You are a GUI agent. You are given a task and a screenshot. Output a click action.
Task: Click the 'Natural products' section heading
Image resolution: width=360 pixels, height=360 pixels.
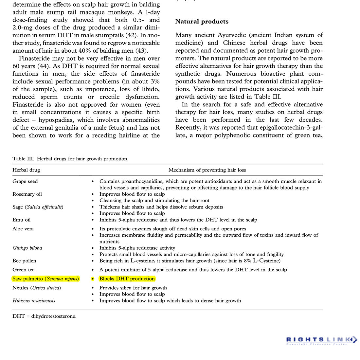click(202, 22)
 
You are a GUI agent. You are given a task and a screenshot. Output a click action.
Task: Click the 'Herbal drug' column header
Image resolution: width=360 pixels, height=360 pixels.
click(26, 170)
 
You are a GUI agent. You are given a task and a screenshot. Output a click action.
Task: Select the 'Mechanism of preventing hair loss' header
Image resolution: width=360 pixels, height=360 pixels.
click(207, 170)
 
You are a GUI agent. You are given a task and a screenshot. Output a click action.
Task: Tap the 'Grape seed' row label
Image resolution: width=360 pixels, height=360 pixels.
click(25, 181)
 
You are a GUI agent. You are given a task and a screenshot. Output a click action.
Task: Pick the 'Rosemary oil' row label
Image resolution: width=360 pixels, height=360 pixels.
click(27, 194)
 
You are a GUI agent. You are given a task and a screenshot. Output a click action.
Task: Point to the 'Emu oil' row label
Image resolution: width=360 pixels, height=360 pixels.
click(22, 220)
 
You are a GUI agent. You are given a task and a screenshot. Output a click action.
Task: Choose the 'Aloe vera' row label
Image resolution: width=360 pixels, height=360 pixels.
click(23, 229)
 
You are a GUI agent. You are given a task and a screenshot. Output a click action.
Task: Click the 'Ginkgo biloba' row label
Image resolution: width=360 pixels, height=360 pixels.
click(27, 248)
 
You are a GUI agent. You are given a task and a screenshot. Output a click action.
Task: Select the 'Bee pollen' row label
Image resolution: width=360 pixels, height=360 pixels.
click(25, 261)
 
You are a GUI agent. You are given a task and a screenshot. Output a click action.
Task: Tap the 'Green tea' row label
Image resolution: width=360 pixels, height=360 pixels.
click(24, 270)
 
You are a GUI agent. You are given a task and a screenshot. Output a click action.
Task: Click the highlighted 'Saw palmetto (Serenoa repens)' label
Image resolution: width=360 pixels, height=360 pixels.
click(46, 279)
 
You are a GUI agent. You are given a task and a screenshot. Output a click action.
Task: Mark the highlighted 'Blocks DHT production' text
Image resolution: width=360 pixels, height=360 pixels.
click(127, 279)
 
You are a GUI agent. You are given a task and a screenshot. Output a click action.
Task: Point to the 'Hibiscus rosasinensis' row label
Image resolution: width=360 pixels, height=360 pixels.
click(34, 300)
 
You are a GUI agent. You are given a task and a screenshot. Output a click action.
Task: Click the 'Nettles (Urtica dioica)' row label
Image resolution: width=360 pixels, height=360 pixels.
click(37, 288)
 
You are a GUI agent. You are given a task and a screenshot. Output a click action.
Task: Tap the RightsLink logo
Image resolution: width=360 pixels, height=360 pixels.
click(321, 340)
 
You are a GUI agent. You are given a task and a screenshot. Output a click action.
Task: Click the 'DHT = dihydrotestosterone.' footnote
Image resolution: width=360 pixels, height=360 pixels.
click(45, 316)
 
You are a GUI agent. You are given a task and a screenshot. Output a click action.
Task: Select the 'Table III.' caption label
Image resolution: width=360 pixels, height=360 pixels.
click(23, 159)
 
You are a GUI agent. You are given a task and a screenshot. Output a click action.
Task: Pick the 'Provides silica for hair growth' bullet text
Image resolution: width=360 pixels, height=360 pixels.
click(133, 288)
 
